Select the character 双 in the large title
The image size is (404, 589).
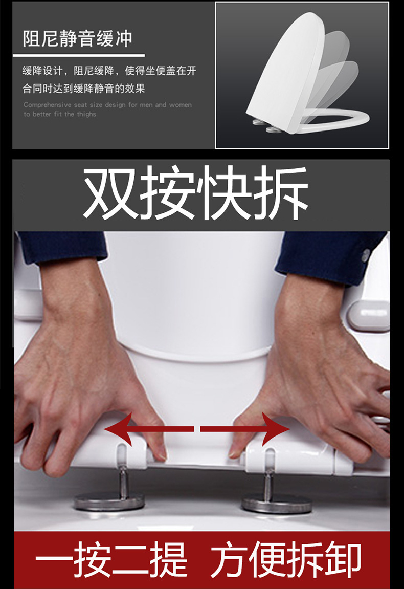click(109, 194)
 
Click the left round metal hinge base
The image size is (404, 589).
click(109, 502)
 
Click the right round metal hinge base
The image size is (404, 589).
click(277, 505)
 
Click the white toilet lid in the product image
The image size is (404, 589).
click(286, 67)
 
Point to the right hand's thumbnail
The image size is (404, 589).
click(234, 452)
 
